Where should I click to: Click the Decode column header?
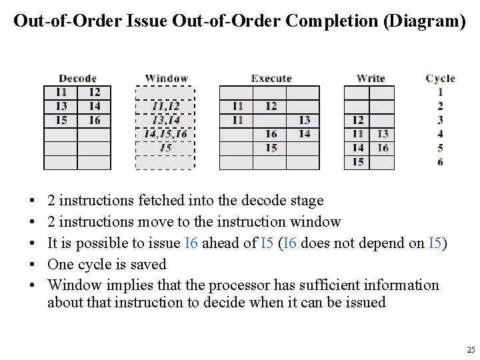77,79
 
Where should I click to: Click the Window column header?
166,79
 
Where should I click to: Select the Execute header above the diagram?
271,79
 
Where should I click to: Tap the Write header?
371,79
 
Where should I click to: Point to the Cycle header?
440,79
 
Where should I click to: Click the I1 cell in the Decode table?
61,92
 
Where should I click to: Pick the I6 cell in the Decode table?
94,120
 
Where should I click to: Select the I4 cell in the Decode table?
94,106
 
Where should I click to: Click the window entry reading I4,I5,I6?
165,134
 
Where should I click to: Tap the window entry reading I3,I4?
165,120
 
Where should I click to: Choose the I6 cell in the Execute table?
271,134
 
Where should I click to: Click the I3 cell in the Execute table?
304,120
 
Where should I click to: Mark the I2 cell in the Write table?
357,120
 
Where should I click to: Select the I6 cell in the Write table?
382,148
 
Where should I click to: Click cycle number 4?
440,134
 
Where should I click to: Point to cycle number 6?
440,162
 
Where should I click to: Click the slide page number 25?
471,350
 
